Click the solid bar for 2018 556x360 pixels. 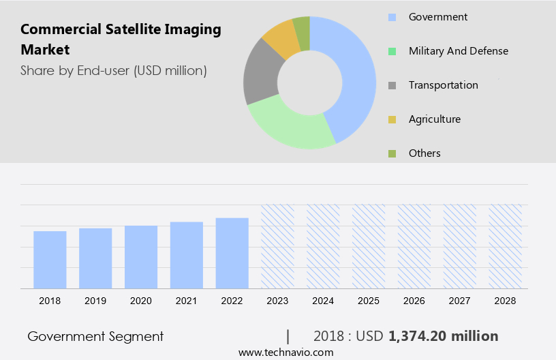(50, 260)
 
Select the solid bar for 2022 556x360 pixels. (232, 253)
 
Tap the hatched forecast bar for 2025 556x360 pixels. (369, 246)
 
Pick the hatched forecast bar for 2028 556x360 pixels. (506, 246)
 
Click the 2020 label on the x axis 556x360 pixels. (141, 301)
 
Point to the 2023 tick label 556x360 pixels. (277, 301)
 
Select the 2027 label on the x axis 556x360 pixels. (460, 301)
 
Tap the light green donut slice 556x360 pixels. (286, 125)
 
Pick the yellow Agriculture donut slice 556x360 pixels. (281, 39)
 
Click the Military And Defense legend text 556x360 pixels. (458, 51)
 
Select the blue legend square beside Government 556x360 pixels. (392, 17)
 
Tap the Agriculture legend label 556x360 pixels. (434, 119)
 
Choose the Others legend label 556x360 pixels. (424, 153)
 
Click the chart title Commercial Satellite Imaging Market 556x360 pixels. (121, 40)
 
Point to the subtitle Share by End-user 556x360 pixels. (113, 70)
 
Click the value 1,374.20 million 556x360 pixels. (443, 336)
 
